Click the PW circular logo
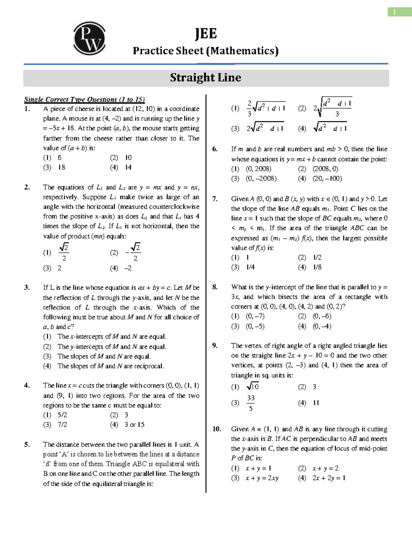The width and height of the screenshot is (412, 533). pos(89,38)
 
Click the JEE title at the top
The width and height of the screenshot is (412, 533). pos(206,34)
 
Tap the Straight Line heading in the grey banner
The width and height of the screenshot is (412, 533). pos(205,78)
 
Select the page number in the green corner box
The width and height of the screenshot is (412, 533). pos(395,12)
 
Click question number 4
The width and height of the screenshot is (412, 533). pos(27,385)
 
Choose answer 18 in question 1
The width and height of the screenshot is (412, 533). pos(61,167)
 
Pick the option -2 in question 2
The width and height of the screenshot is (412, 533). pos(128,268)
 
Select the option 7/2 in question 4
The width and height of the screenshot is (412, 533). pos(62,425)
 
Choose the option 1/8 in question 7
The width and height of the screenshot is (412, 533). pos(317,267)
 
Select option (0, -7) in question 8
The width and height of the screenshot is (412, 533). pos(255,316)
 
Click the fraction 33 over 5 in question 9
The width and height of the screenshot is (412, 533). pos(251,403)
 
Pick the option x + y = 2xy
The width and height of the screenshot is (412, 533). pos(262,478)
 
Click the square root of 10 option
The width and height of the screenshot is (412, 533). pos(253,387)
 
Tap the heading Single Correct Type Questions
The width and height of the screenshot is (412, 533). pos(84,100)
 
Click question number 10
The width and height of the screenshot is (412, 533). pos(217,429)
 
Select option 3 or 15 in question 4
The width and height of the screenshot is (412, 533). pos(135,425)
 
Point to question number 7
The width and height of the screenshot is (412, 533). pos(215,199)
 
